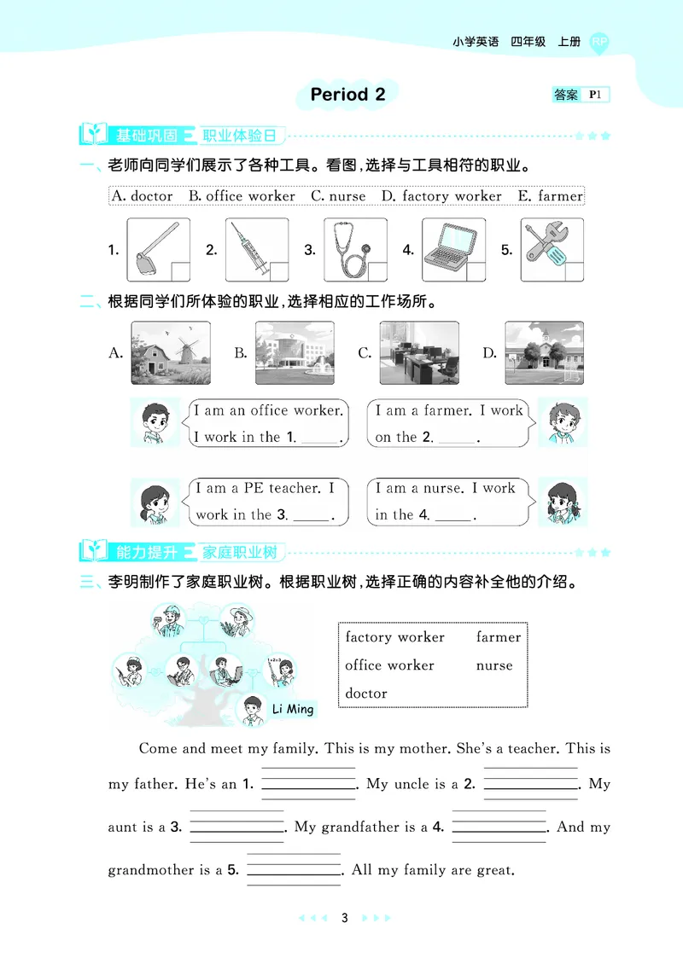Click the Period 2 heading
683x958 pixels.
pos(347,95)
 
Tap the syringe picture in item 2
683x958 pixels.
pos(257,250)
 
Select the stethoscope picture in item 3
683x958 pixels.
pos(355,250)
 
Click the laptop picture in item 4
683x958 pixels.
pos(453,250)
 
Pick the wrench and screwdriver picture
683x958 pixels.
pos(552,250)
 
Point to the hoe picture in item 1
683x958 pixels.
pos(158,250)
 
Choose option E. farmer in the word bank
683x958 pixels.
pos(550,196)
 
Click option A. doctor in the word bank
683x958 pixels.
pos(142,196)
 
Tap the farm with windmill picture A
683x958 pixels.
pos(171,352)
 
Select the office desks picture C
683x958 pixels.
pos(419,352)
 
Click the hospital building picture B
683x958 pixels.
pos(295,352)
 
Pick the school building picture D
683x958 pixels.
pos(544,352)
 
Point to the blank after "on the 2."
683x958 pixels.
pos(457,438)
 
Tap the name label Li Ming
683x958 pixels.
pos(293,709)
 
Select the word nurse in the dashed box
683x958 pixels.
pos(494,665)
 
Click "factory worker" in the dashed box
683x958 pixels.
pos(394,637)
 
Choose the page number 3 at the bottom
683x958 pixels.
pos(344,918)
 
